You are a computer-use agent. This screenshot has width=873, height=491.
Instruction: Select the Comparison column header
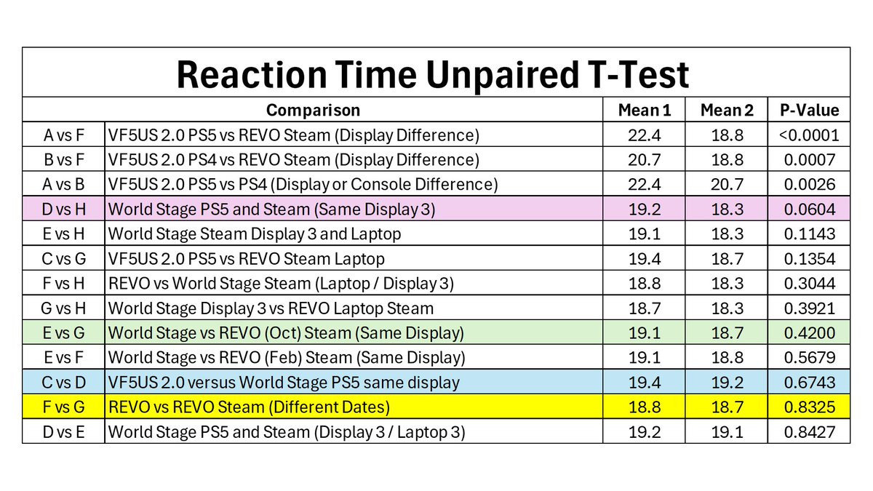313,111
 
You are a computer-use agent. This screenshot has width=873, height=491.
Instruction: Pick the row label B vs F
64,160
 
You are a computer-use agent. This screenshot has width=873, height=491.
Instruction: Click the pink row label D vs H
64,209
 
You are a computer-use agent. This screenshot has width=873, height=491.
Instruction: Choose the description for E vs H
255,234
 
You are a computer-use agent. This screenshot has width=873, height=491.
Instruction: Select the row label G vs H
64,308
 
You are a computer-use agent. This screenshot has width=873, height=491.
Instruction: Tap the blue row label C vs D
64,383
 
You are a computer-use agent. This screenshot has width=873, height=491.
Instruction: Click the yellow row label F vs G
64,407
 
